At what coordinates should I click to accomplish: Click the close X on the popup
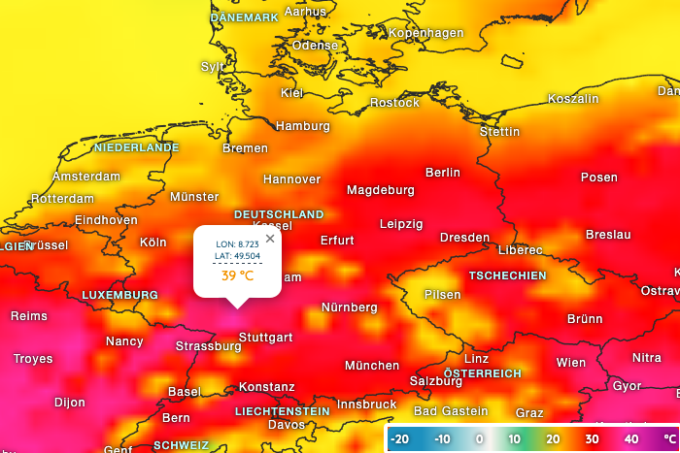coord(270,238)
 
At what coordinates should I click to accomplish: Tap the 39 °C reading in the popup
coord(237,275)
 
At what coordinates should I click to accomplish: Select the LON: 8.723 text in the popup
coord(237,243)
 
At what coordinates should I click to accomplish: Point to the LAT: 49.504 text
coord(237,256)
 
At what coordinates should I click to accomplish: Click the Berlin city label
coord(443,173)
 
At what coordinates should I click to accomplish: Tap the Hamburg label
coord(303,126)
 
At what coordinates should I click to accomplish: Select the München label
coord(372,366)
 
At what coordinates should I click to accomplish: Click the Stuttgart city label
coord(265,338)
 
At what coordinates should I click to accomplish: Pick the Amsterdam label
coord(86,177)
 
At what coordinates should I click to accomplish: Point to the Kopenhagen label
coord(425,33)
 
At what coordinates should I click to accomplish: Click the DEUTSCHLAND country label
coord(279,214)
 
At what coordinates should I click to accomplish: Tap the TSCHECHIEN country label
coord(507,275)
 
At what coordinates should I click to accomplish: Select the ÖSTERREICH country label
coord(483,373)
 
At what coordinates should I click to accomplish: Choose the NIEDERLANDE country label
coord(137,147)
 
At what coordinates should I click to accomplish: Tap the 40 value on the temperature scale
coord(632,439)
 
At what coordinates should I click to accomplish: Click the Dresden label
coord(464,238)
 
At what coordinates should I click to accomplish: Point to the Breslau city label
coord(608,235)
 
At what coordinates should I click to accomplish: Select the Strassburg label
coord(208,346)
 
